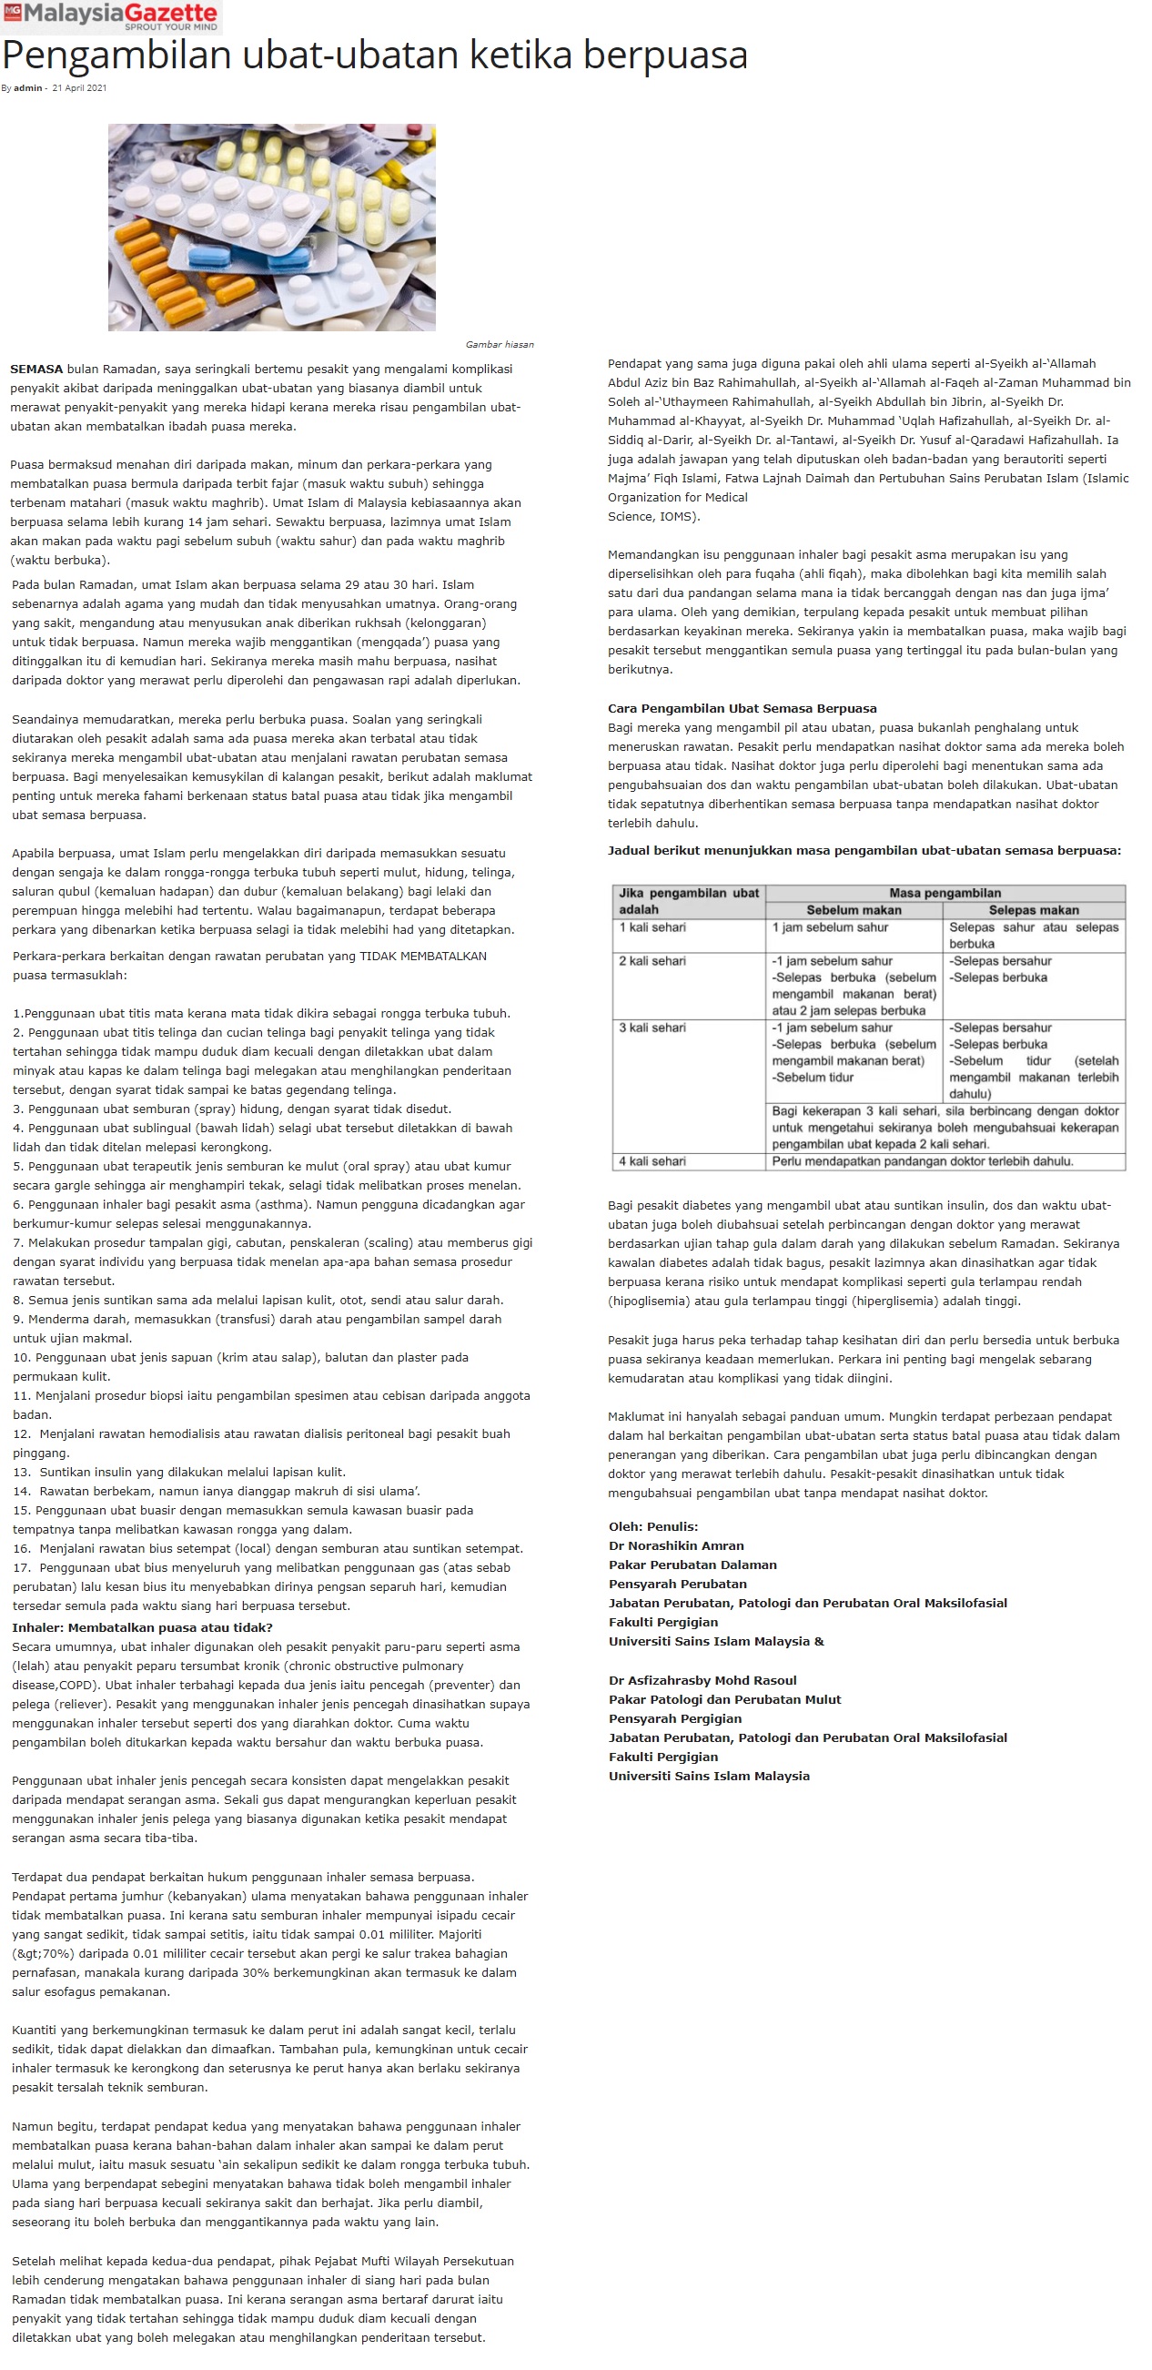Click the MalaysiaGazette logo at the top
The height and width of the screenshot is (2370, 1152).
tap(111, 15)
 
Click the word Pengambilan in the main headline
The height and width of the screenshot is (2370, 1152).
tap(116, 56)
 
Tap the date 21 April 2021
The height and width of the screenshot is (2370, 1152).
tap(79, 88)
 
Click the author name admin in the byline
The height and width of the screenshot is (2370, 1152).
tap(27, 88)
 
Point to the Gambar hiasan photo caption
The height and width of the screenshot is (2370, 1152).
tap(499, 344)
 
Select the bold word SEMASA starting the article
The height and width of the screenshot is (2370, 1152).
tap(35, 369)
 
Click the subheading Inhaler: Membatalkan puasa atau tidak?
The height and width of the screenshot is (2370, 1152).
tap(142, 1627)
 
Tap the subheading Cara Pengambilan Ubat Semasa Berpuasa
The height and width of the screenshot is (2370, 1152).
tap(742, 708)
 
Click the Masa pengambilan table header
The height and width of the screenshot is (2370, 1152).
tap(944, 893)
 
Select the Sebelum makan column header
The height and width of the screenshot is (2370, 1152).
tap(853, 910)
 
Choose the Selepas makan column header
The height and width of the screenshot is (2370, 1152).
tap(1034, 910)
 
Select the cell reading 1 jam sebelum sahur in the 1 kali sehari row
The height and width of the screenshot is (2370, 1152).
tap(830, 927)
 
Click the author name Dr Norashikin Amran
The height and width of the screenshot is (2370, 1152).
tap(676, 1545)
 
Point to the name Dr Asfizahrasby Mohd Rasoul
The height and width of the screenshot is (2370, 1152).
tap(702, 1680)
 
